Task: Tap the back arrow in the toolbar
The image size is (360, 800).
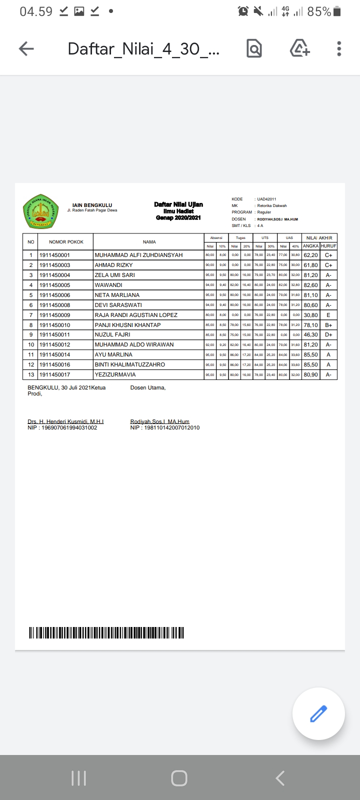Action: click(x=26, y=48)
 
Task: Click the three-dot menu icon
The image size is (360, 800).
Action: click(x=339, y=48)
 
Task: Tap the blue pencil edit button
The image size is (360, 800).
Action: click(x=318, y=713)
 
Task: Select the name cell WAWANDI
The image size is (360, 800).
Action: click(x=108, y=285)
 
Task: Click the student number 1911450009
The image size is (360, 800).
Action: click(x=54, y=315)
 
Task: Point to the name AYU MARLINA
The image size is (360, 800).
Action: click(x=113, y=354)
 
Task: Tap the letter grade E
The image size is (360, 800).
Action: click(x=328, y=315)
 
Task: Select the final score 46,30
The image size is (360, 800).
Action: click(x=310, y=334)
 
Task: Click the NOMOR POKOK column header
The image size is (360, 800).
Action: click(x=66, y=242)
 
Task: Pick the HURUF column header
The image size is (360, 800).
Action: click(x=328, y=246)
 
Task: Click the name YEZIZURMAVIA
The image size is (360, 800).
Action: click(x=115, y=374)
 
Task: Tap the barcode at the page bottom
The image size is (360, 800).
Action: click(x=106, y=632)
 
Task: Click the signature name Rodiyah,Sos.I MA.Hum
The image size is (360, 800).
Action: click(x=159, y=421)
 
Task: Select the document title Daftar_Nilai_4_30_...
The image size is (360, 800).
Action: click(x=143, y=49)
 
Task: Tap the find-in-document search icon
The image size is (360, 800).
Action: click(x=254, y=48)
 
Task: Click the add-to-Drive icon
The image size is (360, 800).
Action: click(x=299, y=48)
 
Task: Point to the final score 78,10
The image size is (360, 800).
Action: click(x=310, y=325)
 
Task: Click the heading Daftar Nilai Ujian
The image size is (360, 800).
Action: click(x=178, y=204)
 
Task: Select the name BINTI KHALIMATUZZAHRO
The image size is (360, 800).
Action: click(x=129, y=364)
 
